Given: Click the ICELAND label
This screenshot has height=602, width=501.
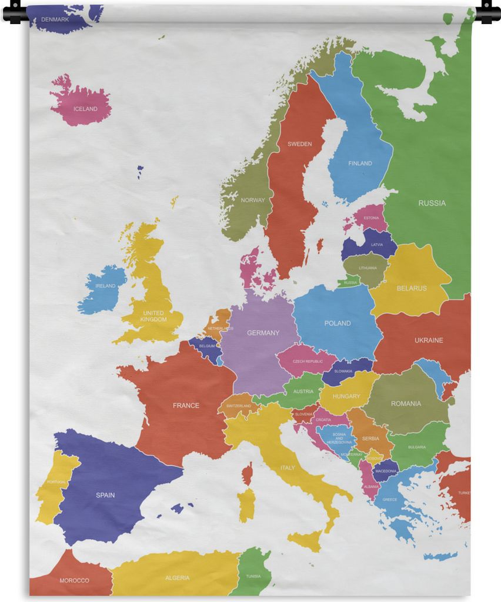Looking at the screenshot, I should [85, 109].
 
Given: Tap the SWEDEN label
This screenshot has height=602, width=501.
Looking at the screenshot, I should [299, 144].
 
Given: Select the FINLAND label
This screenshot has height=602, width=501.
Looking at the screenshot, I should [360, 163].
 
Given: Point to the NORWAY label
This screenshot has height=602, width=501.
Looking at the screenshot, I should [253, 200].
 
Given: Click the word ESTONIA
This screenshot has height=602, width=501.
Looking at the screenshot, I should [371, 218].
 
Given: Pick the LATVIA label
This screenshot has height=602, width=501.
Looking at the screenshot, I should [377, 245].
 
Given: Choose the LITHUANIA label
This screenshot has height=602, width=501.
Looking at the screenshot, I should [368, 268].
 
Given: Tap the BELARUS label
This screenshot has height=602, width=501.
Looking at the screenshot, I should [412, 288].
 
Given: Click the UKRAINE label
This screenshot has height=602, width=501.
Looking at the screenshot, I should [429, 340].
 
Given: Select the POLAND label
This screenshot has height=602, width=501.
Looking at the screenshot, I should [338, 323].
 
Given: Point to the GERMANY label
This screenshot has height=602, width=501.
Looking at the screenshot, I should [263, 333].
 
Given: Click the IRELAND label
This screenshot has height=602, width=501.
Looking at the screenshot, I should [105, 286].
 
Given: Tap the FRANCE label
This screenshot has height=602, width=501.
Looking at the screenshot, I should [186, 406].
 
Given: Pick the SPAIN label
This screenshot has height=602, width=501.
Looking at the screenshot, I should [105, 495].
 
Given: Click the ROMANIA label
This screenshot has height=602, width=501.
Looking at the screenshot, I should [406, 404].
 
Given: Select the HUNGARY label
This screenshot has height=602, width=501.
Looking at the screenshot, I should [346, 396].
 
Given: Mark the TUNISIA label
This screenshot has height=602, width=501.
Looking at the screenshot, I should [253, 576].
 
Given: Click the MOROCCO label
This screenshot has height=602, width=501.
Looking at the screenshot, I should [75, 581].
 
